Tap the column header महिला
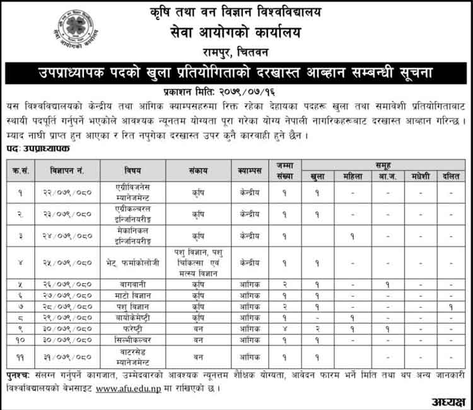coord(353,176)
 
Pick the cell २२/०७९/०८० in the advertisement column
coord(71,192)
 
